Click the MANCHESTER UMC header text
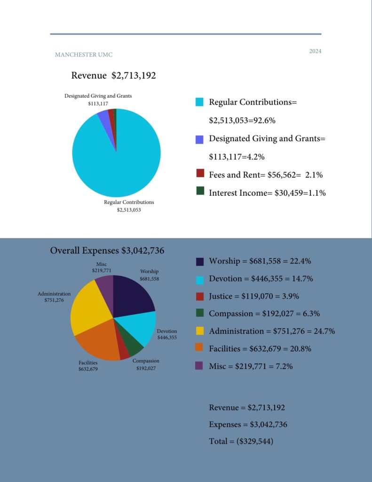point(84,55)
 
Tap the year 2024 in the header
point(315,51)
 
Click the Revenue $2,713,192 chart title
point(113,75)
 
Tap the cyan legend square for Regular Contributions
point(199,102)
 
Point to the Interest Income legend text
point(267,193)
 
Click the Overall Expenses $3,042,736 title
point(107,250)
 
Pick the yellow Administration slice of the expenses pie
point(89,311)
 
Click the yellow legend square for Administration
point(199,331)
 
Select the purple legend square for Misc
point(199,366)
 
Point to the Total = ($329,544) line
point(241,442)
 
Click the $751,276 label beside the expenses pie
point(54,300)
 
